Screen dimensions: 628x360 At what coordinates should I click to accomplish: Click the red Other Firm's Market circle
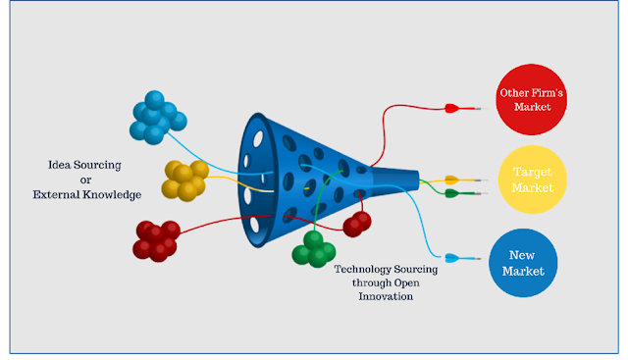click(531, 99)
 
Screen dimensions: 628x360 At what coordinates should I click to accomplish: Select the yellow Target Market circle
click(532, 180)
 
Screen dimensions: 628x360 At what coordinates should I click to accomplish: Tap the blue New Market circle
click(523, 263)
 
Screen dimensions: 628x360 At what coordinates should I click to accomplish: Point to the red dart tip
click(487, 109)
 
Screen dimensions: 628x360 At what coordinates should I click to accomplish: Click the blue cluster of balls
click(157, 118)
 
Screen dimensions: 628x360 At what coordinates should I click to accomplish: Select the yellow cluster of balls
click(185, 180)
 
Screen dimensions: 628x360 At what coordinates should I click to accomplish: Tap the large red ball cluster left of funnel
click(157, 241)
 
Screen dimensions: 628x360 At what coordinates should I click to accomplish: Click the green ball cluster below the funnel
click(314, 249)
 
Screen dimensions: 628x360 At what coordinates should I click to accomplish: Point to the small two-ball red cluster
click(357, 225)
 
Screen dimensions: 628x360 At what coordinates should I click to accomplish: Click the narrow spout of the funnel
click(395, 180)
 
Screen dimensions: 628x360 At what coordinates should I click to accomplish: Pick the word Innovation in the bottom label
click(386, 296)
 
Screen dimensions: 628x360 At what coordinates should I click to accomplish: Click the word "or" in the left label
click(85, 180)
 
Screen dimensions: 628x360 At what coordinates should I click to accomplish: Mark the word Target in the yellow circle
click(533, 173)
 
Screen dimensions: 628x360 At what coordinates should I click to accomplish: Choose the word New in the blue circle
click(522, 255)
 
